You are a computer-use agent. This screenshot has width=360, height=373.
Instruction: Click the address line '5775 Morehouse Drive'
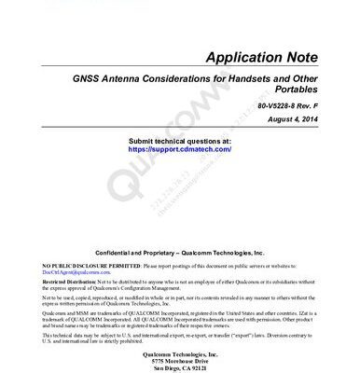[179, 361]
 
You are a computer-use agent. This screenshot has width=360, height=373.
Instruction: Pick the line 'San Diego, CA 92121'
[179, 368]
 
